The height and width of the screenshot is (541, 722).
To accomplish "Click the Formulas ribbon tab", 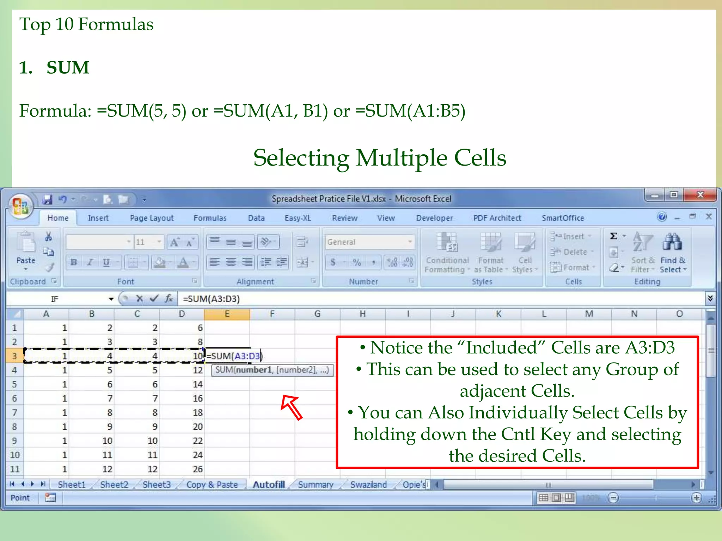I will point(210,218).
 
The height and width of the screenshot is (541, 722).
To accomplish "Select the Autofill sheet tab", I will point(269,485).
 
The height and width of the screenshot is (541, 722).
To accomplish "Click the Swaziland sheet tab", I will point(368,485).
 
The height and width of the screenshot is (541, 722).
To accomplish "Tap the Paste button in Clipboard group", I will point(26,250).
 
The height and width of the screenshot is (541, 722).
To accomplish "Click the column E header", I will point(227,314).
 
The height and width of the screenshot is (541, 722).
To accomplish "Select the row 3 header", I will point(14,356).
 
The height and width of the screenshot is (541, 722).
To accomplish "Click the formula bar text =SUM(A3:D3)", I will point(211,299).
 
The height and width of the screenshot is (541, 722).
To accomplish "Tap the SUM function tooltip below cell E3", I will point(272,370).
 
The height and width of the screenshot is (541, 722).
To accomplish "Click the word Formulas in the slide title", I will point(116,24).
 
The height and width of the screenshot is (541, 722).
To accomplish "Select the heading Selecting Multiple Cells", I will point(380,157).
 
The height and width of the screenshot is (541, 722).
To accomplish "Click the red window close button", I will point(700,195).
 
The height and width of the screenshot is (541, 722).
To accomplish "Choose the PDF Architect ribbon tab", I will point(497,218).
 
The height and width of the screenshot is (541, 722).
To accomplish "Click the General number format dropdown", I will point(369,242).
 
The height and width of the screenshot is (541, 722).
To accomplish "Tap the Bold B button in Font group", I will point(74,262).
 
